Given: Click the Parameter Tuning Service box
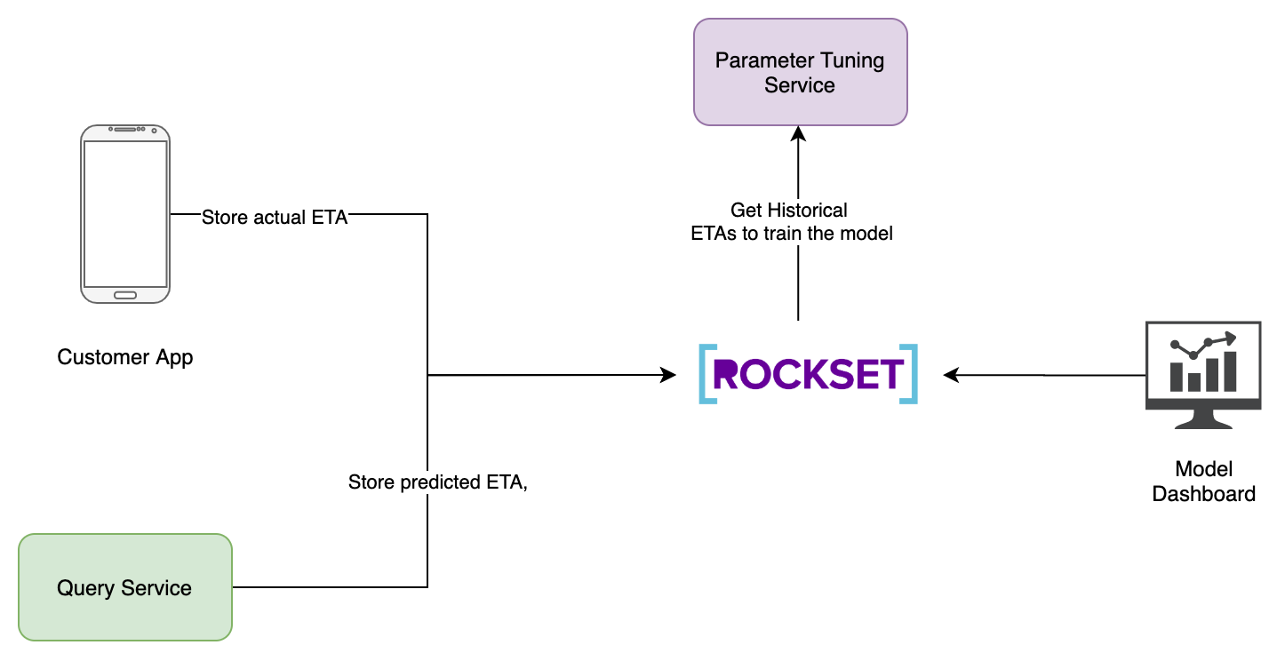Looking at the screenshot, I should point(800,72).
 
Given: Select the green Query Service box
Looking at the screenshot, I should point(124,587).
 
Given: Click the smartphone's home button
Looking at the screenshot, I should point(124,295).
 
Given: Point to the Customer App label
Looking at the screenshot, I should point(124,357).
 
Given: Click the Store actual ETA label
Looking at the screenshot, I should point(274,217).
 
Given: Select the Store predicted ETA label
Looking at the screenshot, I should point(437,482).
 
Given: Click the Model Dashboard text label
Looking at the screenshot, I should point(1203,482).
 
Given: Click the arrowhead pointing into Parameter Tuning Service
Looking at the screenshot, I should point(798,133).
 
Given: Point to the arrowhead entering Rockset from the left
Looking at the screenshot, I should point(668,375).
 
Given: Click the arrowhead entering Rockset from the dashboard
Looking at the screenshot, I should point(951,375).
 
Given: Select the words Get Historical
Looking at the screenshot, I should point(788,211).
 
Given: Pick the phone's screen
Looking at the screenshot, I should point(124,213).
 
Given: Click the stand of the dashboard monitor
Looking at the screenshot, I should point(1203,419).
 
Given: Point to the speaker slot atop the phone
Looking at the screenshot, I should point(130,130).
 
